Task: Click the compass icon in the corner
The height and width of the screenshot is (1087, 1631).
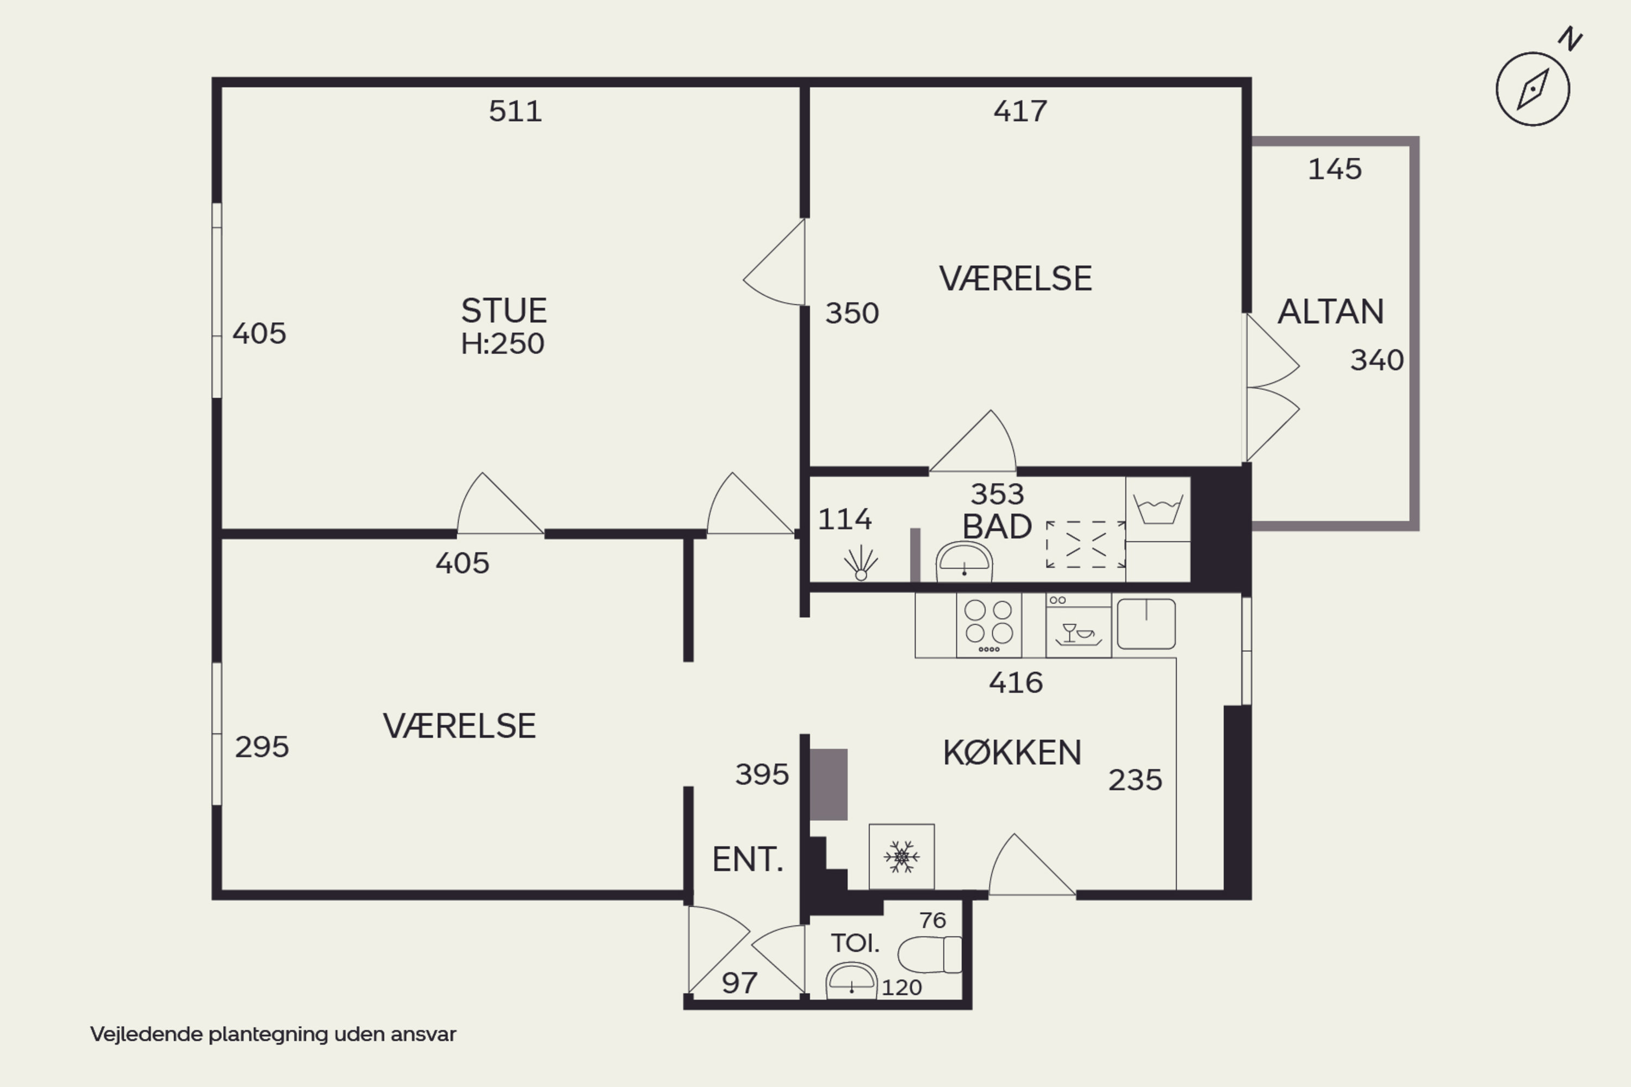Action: pyautogui.click(x=1533, y=89)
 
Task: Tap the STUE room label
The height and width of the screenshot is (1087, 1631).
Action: pyautogui.click(x=504, y=310)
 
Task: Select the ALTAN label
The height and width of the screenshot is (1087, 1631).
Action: pyautogui.click(x=1331, y=312)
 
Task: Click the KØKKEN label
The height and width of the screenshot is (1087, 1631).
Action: pyautogui.click(x=1012, y=753)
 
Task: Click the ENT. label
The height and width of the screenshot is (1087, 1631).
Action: pyautogui.click(x=748, y=860)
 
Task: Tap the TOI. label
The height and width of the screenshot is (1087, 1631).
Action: pyautogui.click(x=855, y=943)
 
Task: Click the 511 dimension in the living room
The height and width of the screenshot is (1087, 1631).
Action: pyautogui.click(x=515, y=111)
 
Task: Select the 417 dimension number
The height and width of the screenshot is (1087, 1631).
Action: pyautogui.click(x=1020, y=111)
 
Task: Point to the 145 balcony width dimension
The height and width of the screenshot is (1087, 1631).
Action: pyautogui.click(x=1335, y=170)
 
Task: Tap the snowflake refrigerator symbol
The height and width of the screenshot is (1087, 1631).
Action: pyautogui.click(x=901, y=857)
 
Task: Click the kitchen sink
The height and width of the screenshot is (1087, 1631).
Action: pyautogui.click(x=1146, y=624)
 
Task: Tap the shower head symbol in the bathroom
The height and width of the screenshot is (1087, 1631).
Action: pyautogui.click(x=861, y=563)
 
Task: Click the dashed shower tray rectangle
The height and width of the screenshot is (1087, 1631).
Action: pyautogui.click(x=1086, y=544)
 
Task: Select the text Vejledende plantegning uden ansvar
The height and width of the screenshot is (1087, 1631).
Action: pyautogui.click(x=273, y=1034)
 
